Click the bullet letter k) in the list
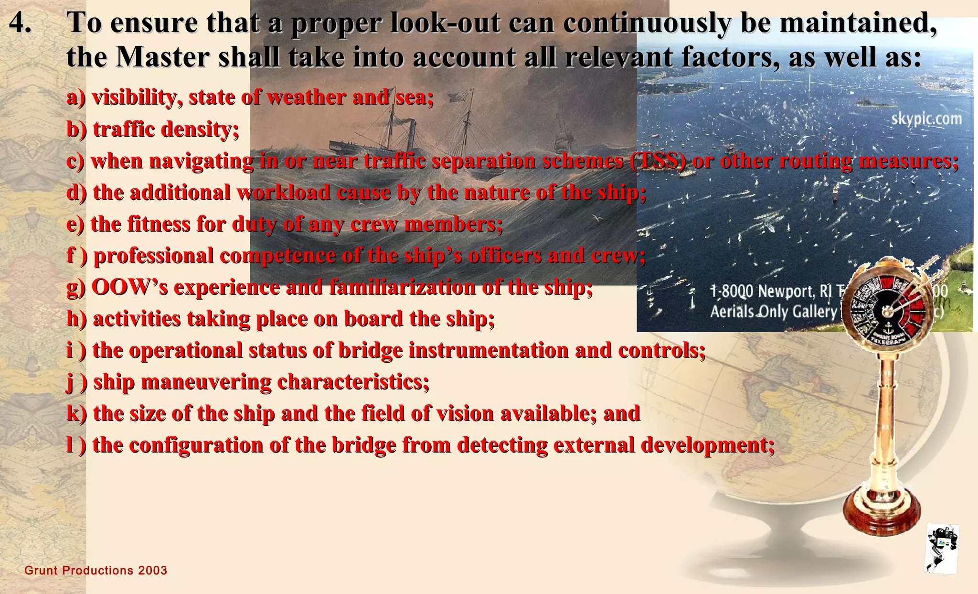click(x=76, y=413)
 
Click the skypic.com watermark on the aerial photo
click(x=926, y=119)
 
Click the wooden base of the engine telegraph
click(x=882, y=516)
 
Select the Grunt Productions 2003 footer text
click(x=96, y=571)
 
